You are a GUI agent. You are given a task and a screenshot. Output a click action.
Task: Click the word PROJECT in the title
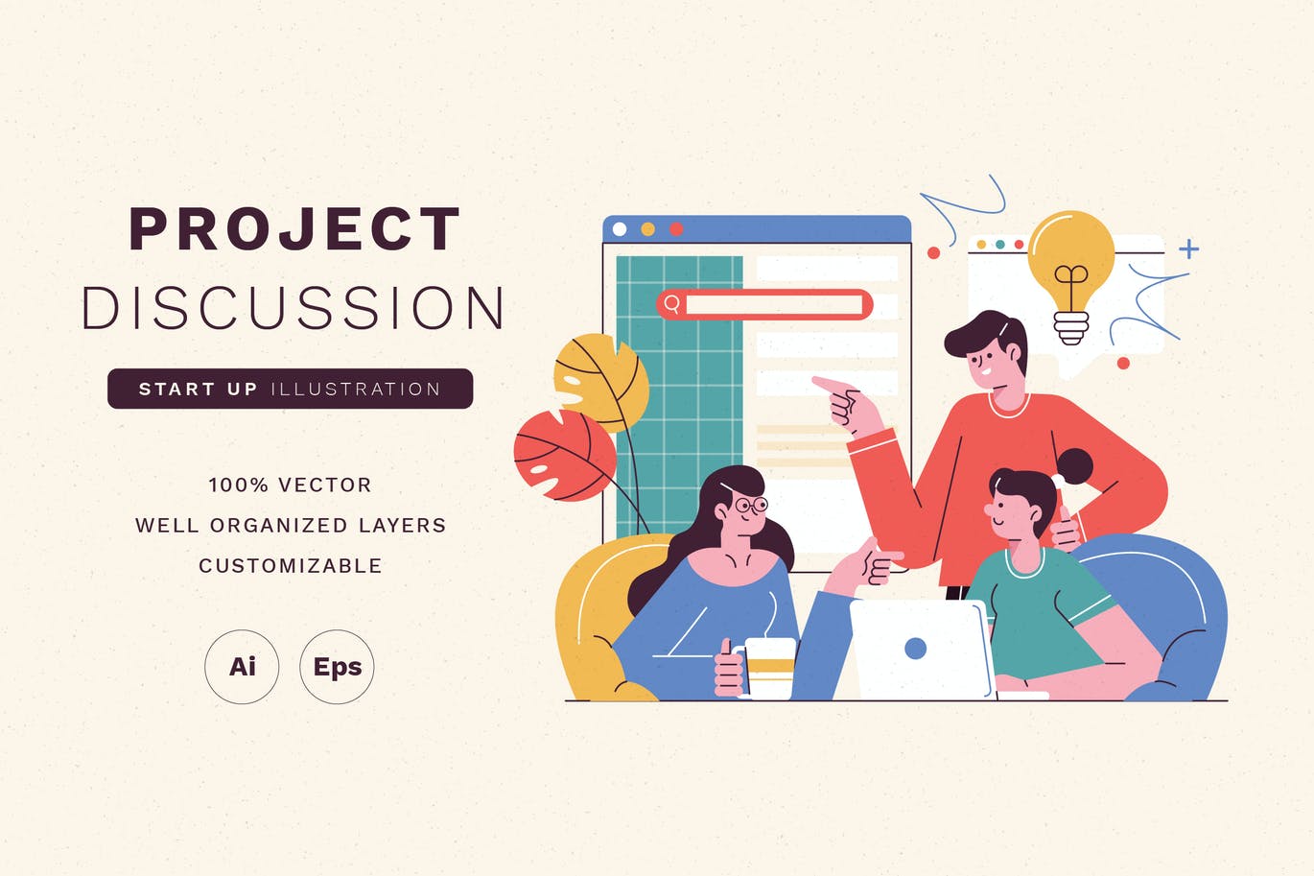[x=294, y=228]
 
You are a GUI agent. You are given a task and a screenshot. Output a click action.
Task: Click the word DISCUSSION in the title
[x=293, y=307]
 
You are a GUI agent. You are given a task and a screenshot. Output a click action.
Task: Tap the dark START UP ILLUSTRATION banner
[x=291, y=389]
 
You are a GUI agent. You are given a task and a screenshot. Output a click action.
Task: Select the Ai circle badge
[x=242, y=667]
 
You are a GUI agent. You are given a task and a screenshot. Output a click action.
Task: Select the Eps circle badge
[x=337, y=667]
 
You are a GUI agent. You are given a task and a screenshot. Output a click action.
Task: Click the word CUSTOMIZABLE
[x=291, y=566]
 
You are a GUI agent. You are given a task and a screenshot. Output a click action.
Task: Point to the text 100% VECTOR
[x=291, y=485]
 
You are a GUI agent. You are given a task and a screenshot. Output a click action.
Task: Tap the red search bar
[x=764, y=304]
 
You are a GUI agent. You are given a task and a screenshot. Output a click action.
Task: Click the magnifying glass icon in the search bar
[x=672, y=304]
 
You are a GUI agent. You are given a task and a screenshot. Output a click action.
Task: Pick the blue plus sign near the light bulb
[x=1189, y=249]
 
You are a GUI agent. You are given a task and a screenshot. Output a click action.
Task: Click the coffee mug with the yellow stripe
[x=765, y=669]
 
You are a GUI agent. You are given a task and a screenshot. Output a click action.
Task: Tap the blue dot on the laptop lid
[x=916, y=649]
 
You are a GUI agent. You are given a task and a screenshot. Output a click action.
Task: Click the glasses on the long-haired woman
[x=751, y=504]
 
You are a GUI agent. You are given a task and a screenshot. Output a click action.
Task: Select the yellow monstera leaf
[x=601, y=382]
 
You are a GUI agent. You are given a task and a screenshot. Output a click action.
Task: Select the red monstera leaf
[x=564, y=456]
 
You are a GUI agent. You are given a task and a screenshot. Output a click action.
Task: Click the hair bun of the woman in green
[x=1074, y=466]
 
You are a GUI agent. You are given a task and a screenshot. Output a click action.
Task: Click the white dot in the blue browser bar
[x=620, y=229]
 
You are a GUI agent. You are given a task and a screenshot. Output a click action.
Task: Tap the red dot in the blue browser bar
[x=676, y=229]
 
